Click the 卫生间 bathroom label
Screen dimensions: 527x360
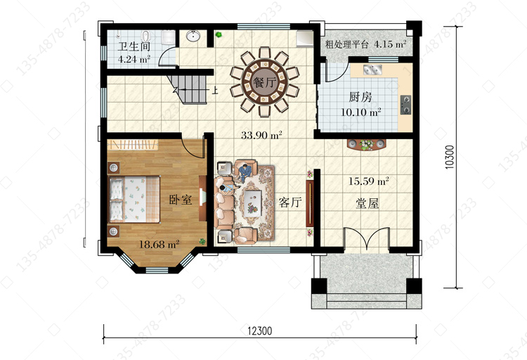pos(134,46)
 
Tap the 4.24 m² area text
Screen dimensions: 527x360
pos(134,59)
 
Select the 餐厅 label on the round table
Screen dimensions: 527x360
pos(264,82)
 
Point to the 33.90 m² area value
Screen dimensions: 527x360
pos(261,135)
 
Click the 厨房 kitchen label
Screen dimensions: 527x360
pos(360,97)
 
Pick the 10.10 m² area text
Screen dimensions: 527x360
pos(360,112)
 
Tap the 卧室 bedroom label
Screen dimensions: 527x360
pos(181,200)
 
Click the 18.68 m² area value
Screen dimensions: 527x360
pos(159,244)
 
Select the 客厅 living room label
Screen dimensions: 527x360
pos(290,202)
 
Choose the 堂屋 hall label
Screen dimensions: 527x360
pos(367,203)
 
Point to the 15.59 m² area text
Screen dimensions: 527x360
pos(368,181)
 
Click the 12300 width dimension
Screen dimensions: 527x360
pos(260,331)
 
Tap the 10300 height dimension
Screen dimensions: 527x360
pos(450,157)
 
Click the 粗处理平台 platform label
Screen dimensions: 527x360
pos(347,44)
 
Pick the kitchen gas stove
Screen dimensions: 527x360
pos(405,105)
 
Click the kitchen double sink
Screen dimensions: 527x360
pos(372,70)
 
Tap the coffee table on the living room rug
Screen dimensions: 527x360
pos(253,202)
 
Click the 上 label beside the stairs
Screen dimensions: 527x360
pos(215,90)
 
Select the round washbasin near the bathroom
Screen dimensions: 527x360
pos(193,36)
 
